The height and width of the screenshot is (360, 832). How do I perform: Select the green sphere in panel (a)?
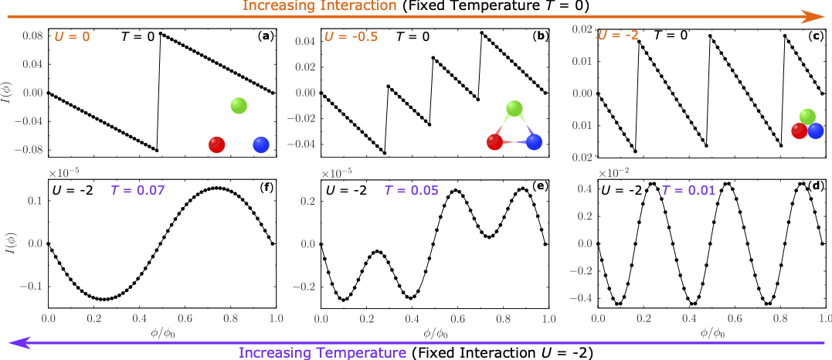[x=239, y=107]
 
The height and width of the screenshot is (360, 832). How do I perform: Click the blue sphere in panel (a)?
[x=260, y=144]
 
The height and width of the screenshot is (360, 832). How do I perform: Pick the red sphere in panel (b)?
[x=495, y=141]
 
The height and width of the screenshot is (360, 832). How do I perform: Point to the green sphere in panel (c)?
[x=807, y=117]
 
